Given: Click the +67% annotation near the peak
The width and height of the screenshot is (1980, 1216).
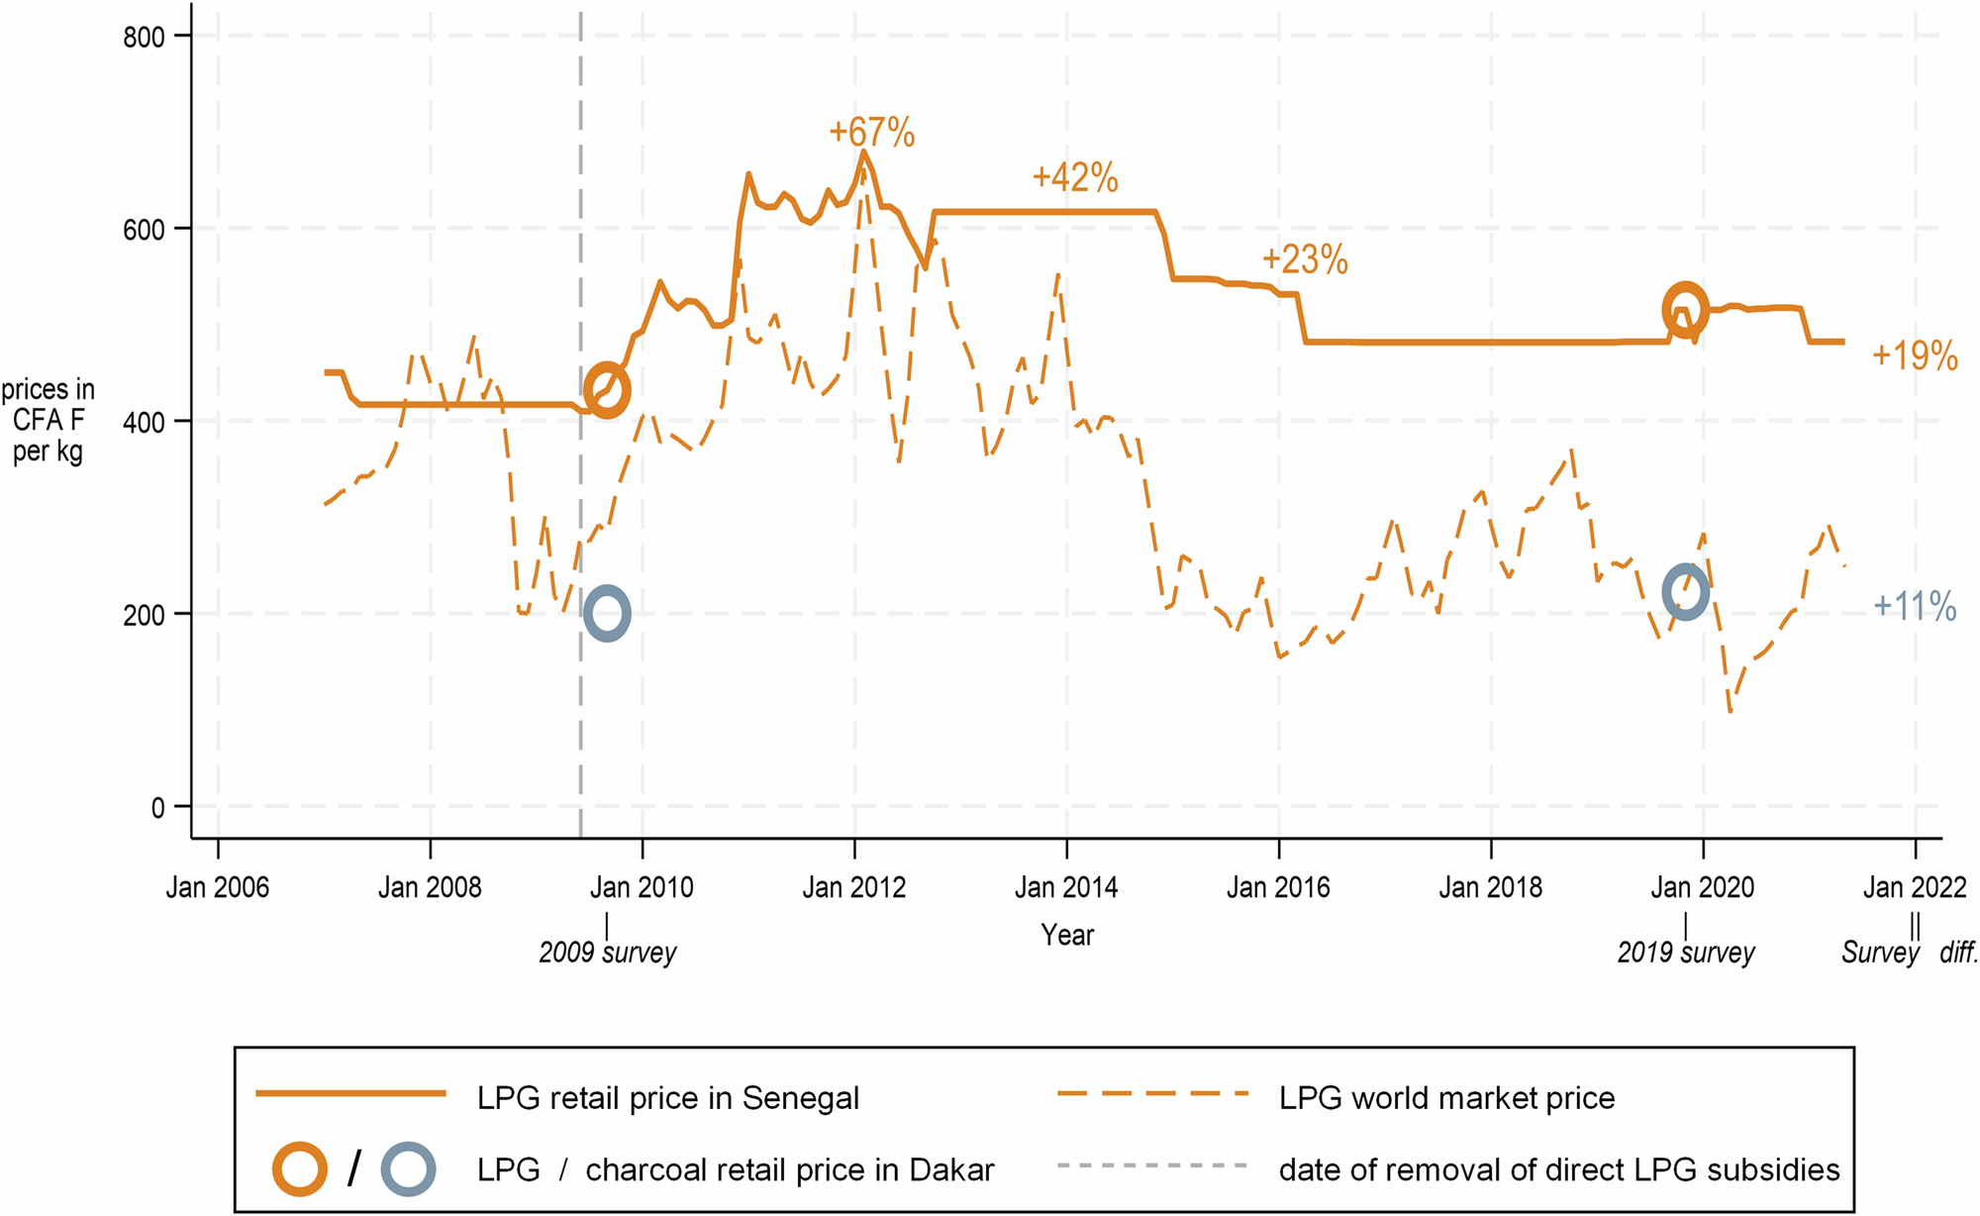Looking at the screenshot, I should (x=871, y=132).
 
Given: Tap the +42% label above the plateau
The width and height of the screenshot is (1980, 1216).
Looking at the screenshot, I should (x=1074, y=178).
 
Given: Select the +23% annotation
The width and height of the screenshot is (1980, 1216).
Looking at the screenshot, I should (x=1304, y=259).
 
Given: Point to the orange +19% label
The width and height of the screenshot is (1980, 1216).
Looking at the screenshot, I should (x=1914, y=355).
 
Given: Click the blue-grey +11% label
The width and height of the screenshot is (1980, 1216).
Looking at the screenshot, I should (x=1914, y=606).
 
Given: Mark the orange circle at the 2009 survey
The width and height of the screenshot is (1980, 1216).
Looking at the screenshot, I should (x=607, y=390).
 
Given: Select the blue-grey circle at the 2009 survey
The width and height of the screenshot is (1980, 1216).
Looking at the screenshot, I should (x=607, y=613).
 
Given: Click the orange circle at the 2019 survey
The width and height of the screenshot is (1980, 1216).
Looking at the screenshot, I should (x=1684, y=309).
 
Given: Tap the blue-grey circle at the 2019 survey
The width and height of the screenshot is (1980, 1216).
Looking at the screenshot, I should (x=1684, y=592).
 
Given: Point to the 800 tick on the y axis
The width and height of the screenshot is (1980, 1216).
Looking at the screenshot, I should (x=144, y=38).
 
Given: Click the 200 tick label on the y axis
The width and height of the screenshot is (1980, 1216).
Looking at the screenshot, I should (x=144, y=615).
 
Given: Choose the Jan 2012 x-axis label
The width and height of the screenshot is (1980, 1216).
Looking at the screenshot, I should (x=853, y=887).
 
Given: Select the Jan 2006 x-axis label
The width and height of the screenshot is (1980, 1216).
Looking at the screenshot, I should (x=217, y=887).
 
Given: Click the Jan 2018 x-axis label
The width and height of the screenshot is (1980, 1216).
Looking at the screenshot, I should (x=1490, y=887).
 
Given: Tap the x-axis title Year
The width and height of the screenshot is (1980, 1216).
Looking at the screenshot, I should (x=1066, y=935).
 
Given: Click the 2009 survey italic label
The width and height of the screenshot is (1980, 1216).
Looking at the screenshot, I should (x=607, y=953).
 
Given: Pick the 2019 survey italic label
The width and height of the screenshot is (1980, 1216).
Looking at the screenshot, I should (x=1685, y=953).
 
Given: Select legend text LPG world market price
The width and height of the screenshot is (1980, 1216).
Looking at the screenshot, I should (x=1446, y=1098).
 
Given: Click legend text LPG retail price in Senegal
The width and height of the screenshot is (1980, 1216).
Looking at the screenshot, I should (x=667, y=1098).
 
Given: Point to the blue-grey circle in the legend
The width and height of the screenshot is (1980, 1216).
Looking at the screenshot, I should (x=408, y=1169).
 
